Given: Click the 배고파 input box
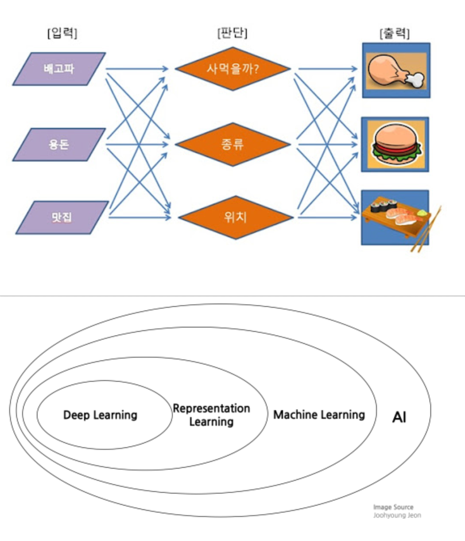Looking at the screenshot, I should click(x=59, y=69).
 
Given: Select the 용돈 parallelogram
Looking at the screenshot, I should click(x=59, y=144).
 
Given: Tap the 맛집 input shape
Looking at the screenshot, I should click(x=61, y=217).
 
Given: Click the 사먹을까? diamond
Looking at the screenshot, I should click(x=232, y=69).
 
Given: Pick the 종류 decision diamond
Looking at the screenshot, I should click(x=232, y=144).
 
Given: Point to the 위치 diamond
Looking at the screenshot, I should click(x=232, y=217).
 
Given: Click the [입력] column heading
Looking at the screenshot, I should click(x=62, y=33).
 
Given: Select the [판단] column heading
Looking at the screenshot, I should click(x=232, y=33).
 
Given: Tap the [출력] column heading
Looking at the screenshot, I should click(x=394, y=33).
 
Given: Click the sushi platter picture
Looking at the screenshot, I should click(x=395, y=216).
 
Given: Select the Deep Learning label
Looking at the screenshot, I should click(x=100, y=415).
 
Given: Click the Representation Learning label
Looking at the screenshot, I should click(x=211, y=415).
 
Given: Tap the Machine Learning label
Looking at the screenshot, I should click(x=319, y=414).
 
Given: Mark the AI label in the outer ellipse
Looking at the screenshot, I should click(x=399, y=417).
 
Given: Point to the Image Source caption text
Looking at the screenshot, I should click(x=393, y=507).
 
